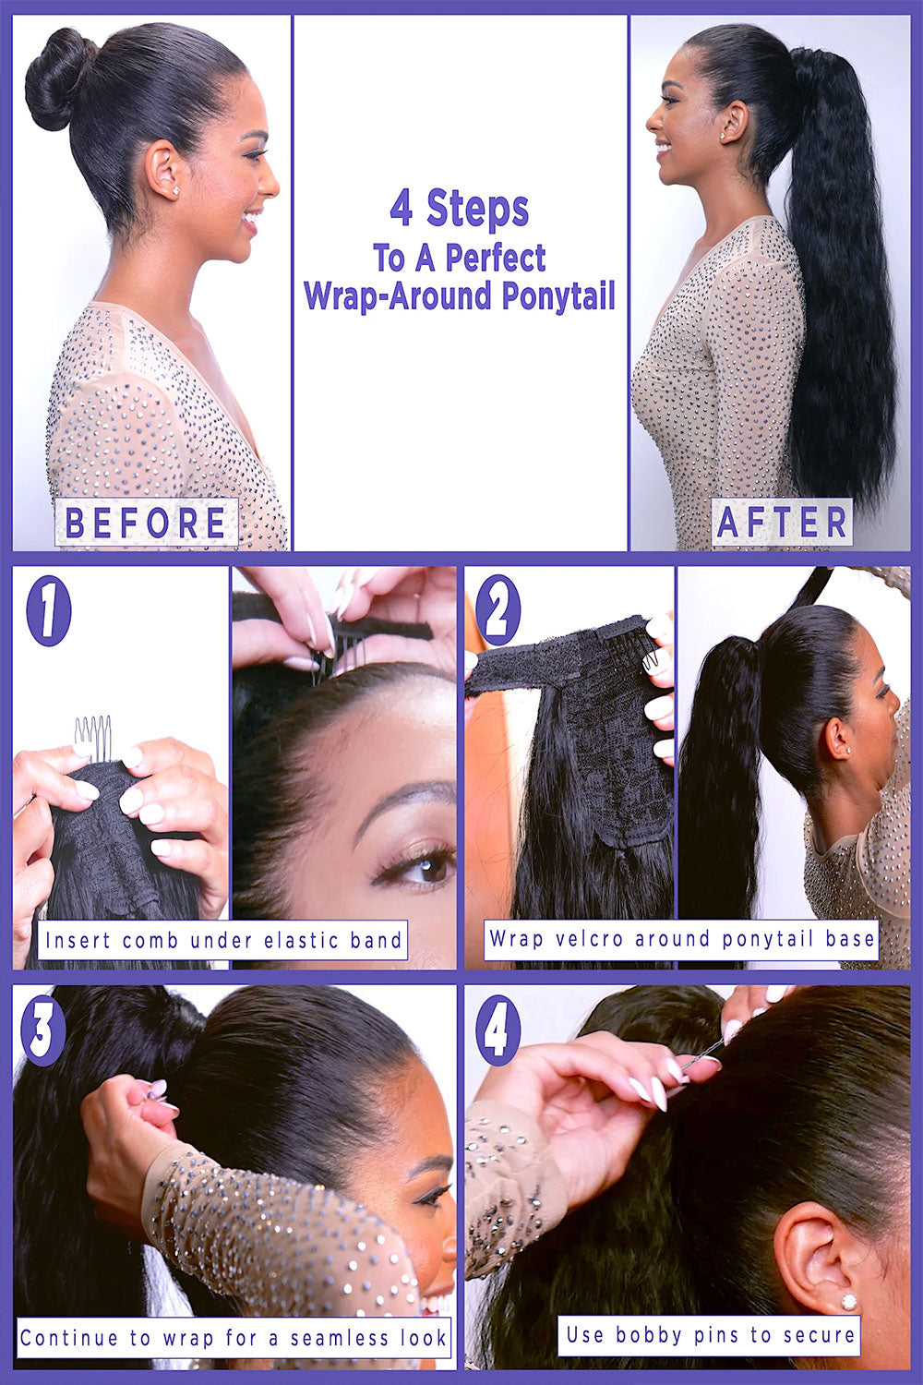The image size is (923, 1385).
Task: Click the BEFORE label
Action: point(147,522)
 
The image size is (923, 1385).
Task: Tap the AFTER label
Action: point(782,522)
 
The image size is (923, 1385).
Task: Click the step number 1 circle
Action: point(49,611)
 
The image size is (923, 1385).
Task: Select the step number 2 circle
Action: point(498,609)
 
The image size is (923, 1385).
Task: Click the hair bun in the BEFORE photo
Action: point(59,79)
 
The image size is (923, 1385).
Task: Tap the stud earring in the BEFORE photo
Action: point(175,190)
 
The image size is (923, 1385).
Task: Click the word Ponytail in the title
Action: point(558,296)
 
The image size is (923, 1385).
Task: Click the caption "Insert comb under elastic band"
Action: point(223,941)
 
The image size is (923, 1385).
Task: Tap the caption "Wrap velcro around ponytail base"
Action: point(681,939)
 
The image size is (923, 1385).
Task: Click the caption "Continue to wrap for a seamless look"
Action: point(234,1337)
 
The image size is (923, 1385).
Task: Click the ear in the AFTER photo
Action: point(735,121)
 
